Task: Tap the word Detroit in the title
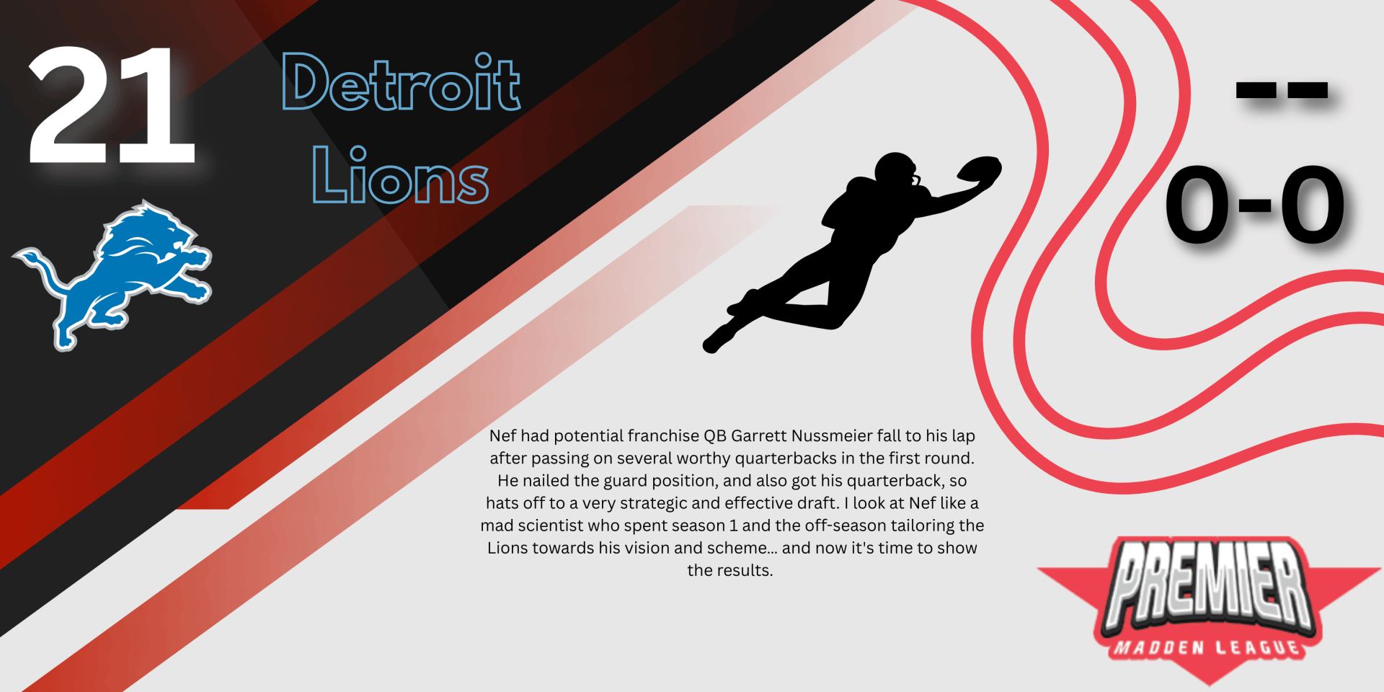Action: (401, 82)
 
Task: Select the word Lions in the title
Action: (400, 174)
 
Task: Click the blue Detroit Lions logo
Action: (112, 275)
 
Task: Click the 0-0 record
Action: (1255, 204)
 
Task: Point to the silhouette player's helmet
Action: (896, 172)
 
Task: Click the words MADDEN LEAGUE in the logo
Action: (1207, 647)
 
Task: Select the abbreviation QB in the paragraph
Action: (715, 436)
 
